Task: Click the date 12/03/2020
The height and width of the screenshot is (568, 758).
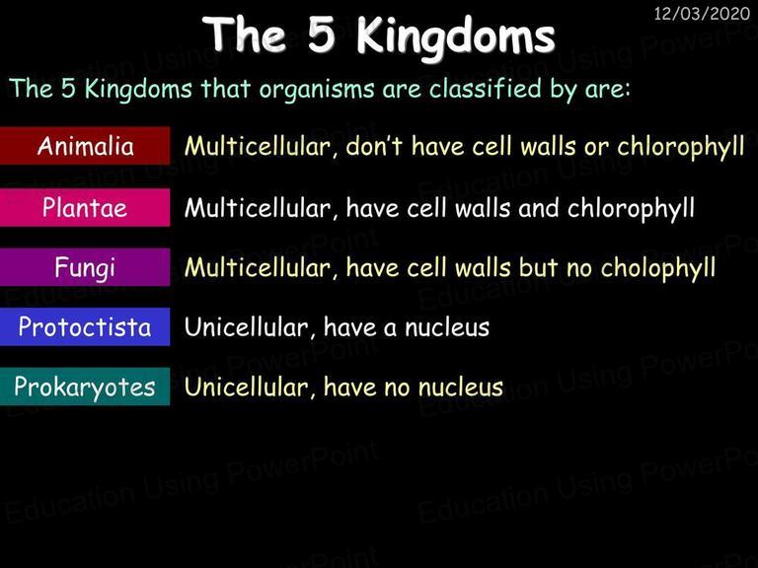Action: [x=702, y=14]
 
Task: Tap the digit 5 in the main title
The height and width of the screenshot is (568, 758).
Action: [x=322, y=35]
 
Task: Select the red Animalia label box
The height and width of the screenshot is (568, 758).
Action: [x=85, y=145]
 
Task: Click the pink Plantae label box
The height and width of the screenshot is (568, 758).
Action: [x=85, y=207]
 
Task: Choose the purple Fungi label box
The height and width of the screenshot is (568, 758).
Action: [x=85, y=267]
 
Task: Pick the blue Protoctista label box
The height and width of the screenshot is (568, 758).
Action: [x=85, y=326]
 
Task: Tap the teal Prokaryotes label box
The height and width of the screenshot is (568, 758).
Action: [x=85, y=387]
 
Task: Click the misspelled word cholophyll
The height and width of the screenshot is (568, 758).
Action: [x=658, y=268]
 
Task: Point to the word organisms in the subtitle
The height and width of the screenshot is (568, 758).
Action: [x=317, y=90]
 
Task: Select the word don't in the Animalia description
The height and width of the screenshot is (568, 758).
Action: [x=375, y=146]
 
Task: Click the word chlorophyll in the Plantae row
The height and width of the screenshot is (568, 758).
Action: [x=631, y=209]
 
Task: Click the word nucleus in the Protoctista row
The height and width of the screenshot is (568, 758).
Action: [x=447, y=328]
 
